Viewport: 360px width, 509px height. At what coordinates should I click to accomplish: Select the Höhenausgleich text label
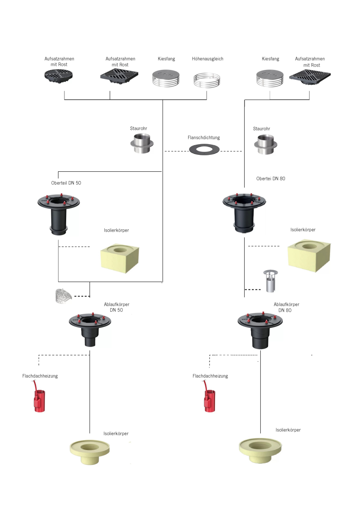pos(207,59)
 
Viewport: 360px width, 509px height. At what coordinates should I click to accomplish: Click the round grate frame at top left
pos(59,77)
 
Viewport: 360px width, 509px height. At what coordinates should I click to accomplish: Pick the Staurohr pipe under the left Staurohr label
pos(142,144)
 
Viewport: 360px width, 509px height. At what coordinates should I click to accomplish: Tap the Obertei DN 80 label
pos(271,179)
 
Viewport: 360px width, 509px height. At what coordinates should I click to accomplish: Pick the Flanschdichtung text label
pos(204,138)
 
